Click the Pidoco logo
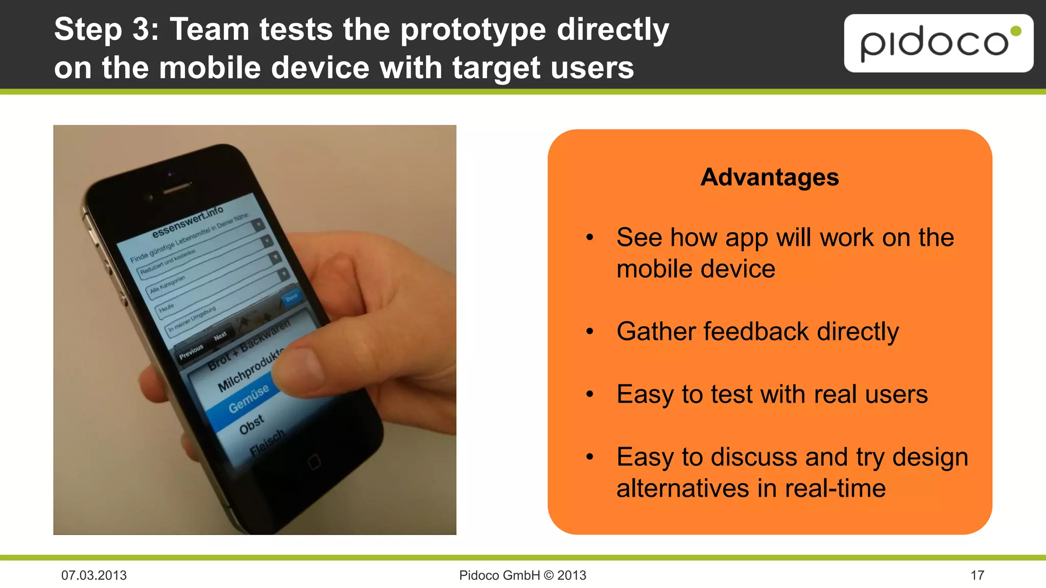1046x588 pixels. pyautogui.click(x=938, y=43)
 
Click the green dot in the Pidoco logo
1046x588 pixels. pyautogui.click(x=1016, y=31)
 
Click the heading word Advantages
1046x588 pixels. pyautogui.click(x=769, y=177)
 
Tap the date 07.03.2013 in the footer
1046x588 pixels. pyautogui.click(x=94, y=575)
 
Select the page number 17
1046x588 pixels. pyautogui.click(x=977, y=575)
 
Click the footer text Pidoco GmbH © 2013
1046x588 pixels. pyautogui.click(x=522, y=575)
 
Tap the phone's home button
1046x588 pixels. pyautogui.click(x=314, y=462)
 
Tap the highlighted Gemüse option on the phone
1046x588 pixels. pyautogui.click(x=248, y=399)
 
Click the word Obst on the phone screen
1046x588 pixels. pyautogui.click(x=252, y=425)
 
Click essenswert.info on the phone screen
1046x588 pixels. pyautogui.click(x=187, y=222)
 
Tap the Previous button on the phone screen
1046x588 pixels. pyautogui.click(x=191, y=352)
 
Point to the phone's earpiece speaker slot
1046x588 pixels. pyautogui.click(x=176, y=188)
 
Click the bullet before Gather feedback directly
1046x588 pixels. pyautogui.click(x=590, y=332)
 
